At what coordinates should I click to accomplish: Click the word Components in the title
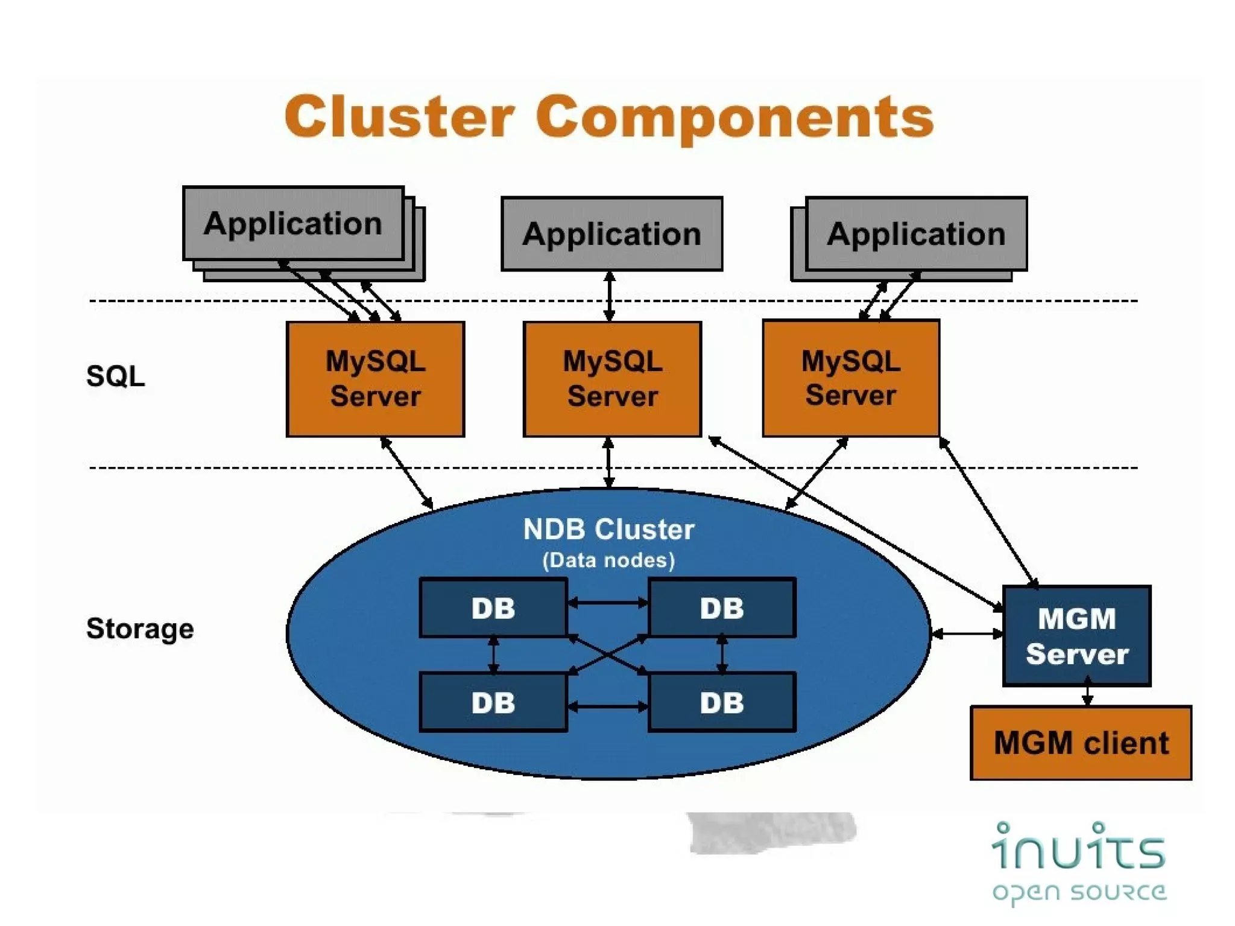coord(734,118)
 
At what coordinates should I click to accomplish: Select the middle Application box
coord(611,234)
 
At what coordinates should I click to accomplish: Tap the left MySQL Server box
coord(375,379)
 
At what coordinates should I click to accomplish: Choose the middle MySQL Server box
coord(612,379)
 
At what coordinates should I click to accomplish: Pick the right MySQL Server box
coord(850,378)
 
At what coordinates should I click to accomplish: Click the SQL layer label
coord(115,376)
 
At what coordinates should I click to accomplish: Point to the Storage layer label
coord(140,629)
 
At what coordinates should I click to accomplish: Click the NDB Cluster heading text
coord(608,530)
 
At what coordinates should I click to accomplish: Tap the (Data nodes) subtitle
coord(608,560)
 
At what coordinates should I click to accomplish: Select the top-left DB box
coord(493,608)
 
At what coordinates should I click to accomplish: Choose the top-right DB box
coord(722,608)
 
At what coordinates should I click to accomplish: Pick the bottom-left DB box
coord(493,703)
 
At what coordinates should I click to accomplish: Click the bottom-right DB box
coord(722,703)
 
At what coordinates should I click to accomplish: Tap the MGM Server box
coord(1076,636)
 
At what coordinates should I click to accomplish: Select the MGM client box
coord(1081,743)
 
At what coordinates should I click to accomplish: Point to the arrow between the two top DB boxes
coord(608,602)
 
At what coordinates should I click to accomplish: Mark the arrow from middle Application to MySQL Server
coord(610,296)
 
